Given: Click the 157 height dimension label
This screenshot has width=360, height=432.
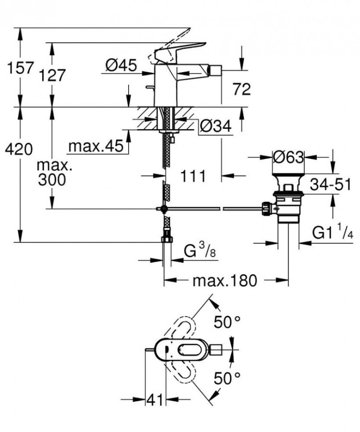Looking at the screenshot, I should pos(20,67).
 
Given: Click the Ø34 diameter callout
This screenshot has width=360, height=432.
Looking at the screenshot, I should pos(216,126).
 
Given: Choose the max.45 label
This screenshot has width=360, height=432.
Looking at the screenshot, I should pos(96,146).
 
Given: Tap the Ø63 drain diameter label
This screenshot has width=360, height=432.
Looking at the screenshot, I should pos(288,157).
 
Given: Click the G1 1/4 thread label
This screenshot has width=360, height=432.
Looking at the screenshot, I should pos(333,233).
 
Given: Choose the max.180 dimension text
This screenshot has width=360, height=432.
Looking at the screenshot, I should pos(225,280).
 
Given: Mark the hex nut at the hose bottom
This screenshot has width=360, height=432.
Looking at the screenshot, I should pos(166,239).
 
